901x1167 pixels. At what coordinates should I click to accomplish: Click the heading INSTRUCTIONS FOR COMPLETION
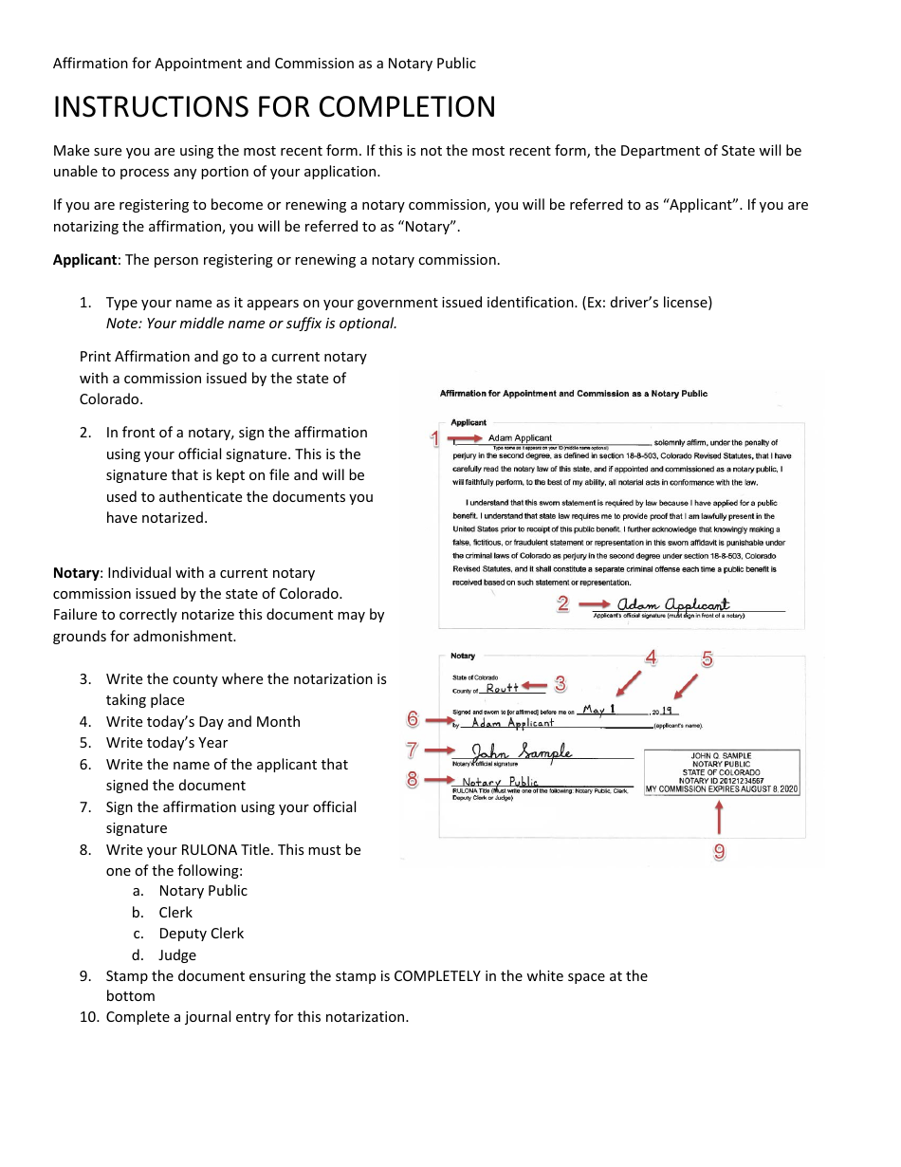274,106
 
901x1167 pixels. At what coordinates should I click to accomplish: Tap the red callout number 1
435,438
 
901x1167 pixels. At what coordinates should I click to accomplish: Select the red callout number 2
562,603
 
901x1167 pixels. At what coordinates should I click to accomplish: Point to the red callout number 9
720,852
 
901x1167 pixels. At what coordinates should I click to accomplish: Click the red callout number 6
413,719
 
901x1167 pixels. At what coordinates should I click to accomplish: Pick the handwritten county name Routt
503,688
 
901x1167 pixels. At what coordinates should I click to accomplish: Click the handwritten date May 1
599,709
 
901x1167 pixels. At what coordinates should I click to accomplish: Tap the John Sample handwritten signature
523,751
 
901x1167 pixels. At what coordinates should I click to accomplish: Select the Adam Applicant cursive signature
673,604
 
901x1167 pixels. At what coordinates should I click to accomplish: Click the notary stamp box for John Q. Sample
722,772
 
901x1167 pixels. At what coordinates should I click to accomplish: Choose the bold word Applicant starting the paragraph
84,260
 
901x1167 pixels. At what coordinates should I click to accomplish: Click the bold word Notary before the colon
76,573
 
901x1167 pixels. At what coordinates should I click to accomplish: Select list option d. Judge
177,954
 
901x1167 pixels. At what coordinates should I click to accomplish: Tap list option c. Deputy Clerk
201,933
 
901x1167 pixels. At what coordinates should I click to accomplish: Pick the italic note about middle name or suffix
251,324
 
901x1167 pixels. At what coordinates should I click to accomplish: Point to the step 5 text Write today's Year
167,743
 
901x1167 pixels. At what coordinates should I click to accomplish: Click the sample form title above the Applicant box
573,394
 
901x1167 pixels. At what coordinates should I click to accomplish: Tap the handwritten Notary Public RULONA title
500,782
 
